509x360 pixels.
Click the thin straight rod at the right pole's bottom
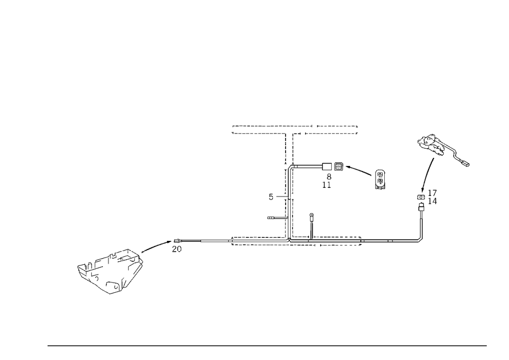click(x=420, y=224)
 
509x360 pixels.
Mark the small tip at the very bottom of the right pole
click(x=420, y=240)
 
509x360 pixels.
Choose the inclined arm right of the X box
click(x=359, y=170)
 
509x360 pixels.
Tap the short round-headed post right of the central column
click(x=312, y=222)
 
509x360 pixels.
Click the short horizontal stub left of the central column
click(x=275, y=219)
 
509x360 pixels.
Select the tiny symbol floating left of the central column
click(x=271, y=196)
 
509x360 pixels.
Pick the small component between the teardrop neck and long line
click(x=178, y=245)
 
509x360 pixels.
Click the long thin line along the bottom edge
click(x=267, y=345)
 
